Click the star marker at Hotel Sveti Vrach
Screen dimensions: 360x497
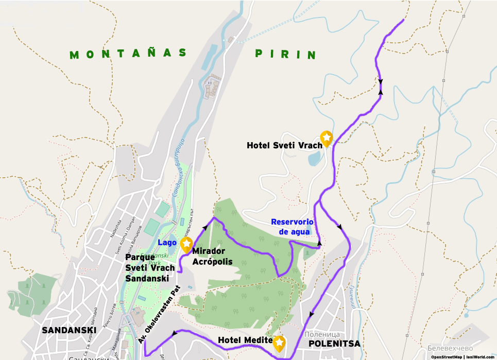tap(327, 138)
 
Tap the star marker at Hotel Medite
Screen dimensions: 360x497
tap(279, 342)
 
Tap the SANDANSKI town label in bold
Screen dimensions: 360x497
tap(69, 330)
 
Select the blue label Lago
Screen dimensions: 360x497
tap(167, 243)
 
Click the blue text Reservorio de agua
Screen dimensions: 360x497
tap(292, 227)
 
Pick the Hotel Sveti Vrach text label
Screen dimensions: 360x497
tap(284, 146)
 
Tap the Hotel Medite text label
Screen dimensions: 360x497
tap(245, 340)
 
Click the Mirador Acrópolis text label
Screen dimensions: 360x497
tap(212, 256)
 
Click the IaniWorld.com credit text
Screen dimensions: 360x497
tap(481, 356)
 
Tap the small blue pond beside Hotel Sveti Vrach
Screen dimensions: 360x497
tap(314, 160)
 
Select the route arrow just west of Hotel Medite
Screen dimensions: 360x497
tap(175, 334)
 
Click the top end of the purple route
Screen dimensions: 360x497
tap(403, 20)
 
